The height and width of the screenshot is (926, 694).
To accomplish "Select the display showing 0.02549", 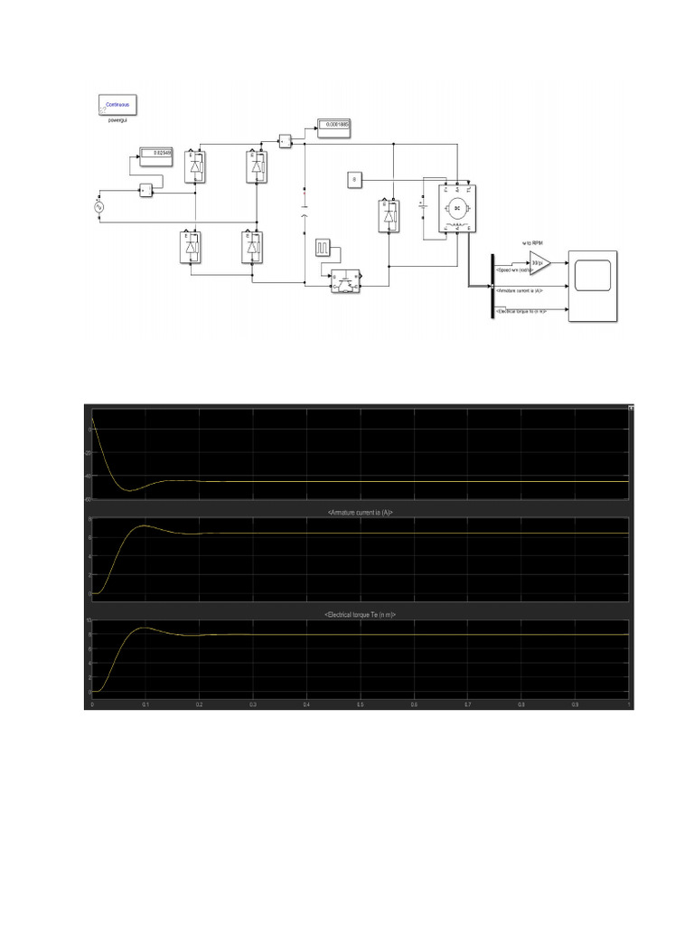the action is click(x=155, y=154).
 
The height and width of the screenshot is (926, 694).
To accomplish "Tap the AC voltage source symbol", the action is click(x=99, y=207).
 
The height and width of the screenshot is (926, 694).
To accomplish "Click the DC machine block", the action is click(x=456, y=209).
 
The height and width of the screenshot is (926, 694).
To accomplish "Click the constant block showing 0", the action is click(x=353, y=181).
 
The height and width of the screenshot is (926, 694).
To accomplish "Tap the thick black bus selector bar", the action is click(x=492, y=286).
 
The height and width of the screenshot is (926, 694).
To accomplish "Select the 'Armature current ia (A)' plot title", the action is click(x=361, y=513).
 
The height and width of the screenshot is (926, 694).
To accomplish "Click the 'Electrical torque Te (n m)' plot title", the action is click(x=361, y=614).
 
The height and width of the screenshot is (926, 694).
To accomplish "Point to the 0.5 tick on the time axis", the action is click(x=361, y=704).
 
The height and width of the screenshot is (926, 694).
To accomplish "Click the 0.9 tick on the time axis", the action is click(x=575, y=704).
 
